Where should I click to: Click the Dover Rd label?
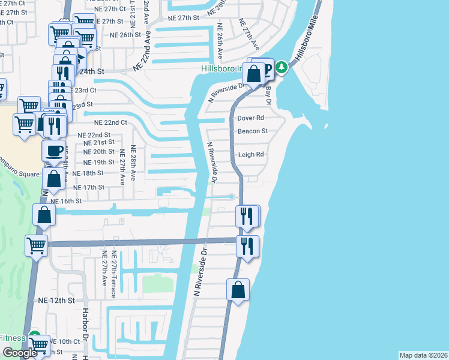pos(251,118)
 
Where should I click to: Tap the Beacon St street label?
pos(252,131)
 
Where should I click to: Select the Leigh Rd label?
pos(251,154)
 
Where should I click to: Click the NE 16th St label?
pos(66,201)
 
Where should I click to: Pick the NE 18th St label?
pos(88,173)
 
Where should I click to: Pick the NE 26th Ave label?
pos(220,41)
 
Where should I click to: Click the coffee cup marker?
pos(54,150)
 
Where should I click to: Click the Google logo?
pos(20,352)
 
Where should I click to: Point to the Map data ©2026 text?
pos(424,355)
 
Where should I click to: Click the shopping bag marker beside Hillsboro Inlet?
pos(254,74)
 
